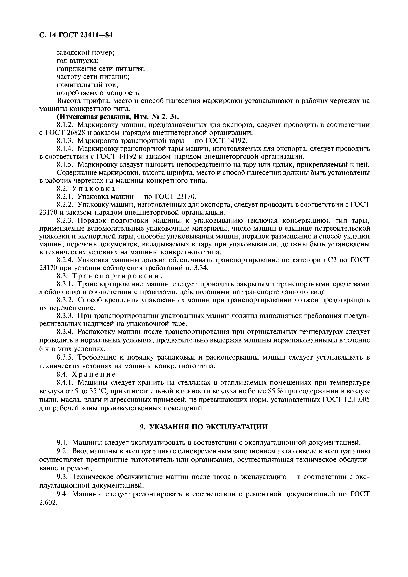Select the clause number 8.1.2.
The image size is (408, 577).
tap(65, 125)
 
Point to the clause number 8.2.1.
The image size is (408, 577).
tap(65, 197)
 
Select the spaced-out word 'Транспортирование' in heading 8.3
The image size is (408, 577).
tap(118, 276)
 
